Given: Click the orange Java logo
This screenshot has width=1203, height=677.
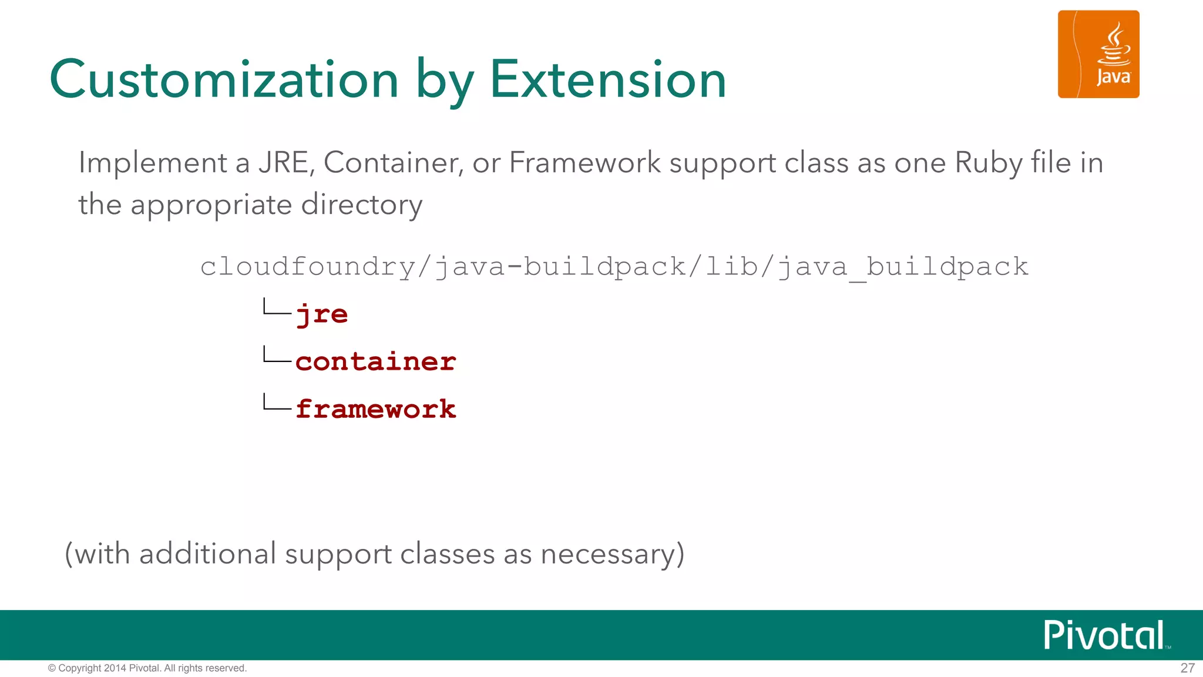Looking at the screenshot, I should pyautogui.click(x=1098, y=54).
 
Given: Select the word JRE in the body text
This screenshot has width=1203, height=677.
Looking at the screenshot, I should pyautogui.click(x=284, y=163).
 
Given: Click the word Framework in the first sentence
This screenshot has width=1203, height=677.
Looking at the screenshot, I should pyautogui.click(x=584, y=163).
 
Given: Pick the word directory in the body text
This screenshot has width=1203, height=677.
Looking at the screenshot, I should pyautogui.click(x=361, y=206).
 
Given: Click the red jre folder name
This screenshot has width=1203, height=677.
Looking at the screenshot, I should pyautogui.click(x=321, y=314).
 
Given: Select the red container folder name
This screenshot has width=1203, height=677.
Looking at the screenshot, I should pyautogui.click(x=375, y=361).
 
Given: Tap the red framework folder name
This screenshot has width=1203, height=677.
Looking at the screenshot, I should pyautogui.click(x=375, y=409).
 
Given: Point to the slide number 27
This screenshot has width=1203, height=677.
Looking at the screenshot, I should pyautogui.click(x=1187, y=668).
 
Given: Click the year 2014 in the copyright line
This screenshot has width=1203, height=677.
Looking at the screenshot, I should pyautogui.click(x=115, y=668).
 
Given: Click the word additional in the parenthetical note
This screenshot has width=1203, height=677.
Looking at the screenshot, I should pyautogui.click(x=207, y=554).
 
